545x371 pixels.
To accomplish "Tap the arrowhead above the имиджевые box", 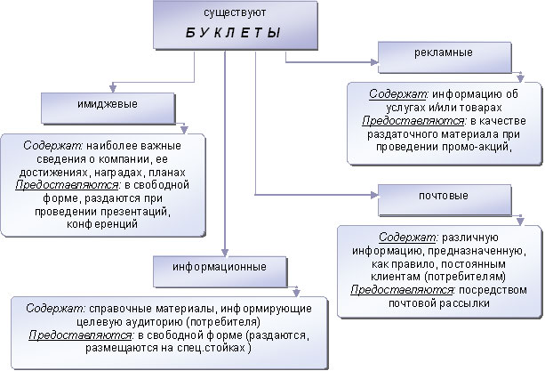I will click(111, 88).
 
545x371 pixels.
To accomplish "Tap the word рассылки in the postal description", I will click(454, 303).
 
